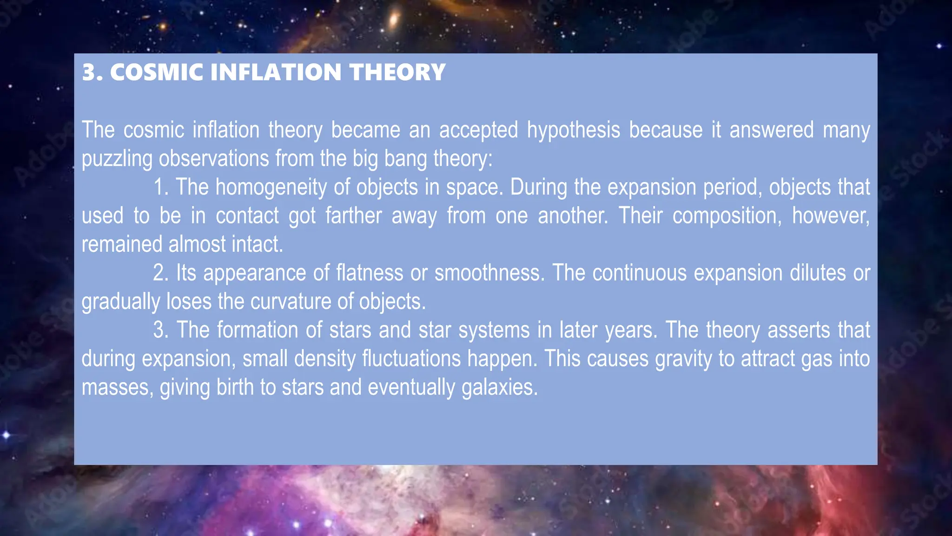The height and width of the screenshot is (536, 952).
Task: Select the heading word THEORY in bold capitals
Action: coord(397,73)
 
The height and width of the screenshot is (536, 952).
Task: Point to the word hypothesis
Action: coord(573,130)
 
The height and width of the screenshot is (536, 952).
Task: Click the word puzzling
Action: coord(117,159)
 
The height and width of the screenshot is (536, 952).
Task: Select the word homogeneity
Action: coord(271,188)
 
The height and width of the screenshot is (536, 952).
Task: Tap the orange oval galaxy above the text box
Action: coord(394,19)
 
